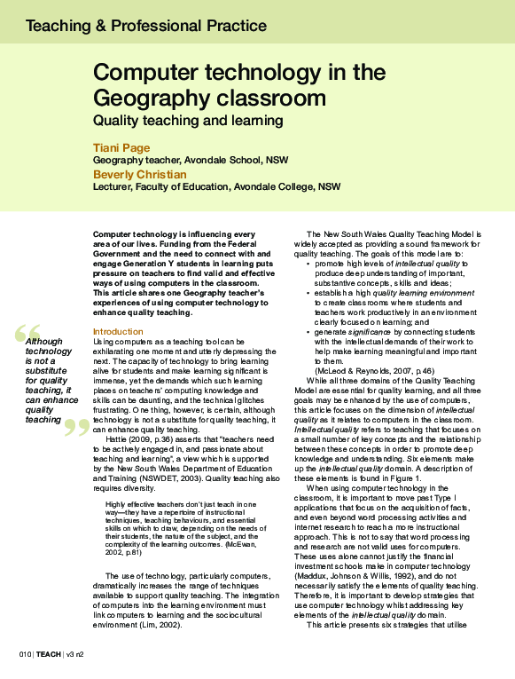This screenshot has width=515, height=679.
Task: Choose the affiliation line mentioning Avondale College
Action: (216, 188)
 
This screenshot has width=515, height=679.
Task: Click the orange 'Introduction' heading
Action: (118, 332)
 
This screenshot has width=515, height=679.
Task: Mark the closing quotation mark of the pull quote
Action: (78, 427)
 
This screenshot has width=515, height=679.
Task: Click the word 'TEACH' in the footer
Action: (49, 654)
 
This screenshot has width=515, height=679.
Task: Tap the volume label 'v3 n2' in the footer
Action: (77, 654)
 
